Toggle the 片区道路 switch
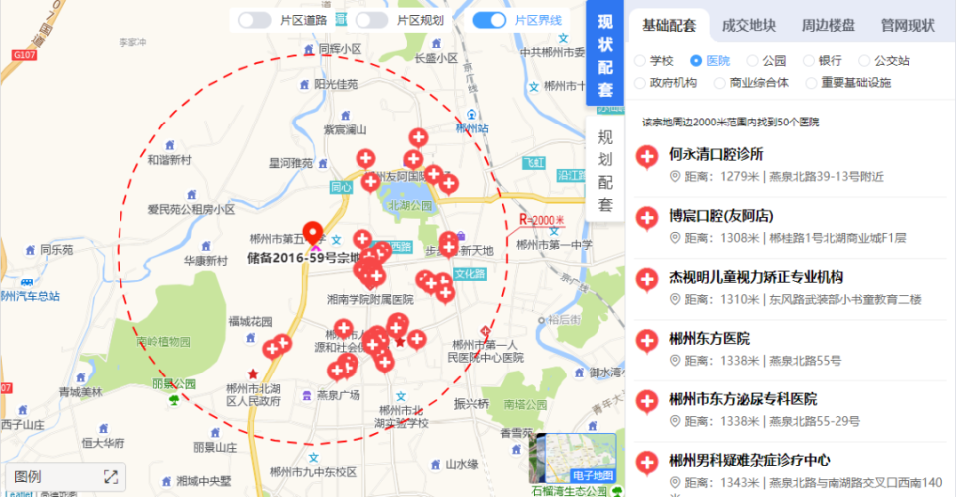click(255, 20)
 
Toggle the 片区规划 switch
click(371, 20)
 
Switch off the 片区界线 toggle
click(489, 20)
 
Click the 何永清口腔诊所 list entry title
click(717, 154)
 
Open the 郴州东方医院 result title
click(710, 339)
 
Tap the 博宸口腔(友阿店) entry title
click(722, 216)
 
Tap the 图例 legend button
click(29, 477)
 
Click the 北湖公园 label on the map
click(410, 205)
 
